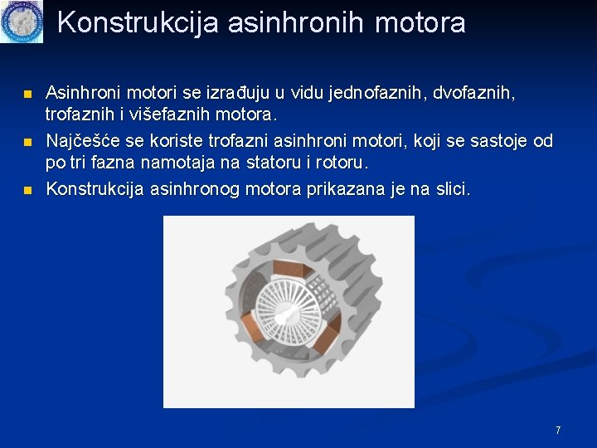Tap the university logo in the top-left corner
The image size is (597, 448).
pos(21,22)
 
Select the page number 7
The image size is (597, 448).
pos(558,430)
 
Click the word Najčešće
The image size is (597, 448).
pos(84,141)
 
